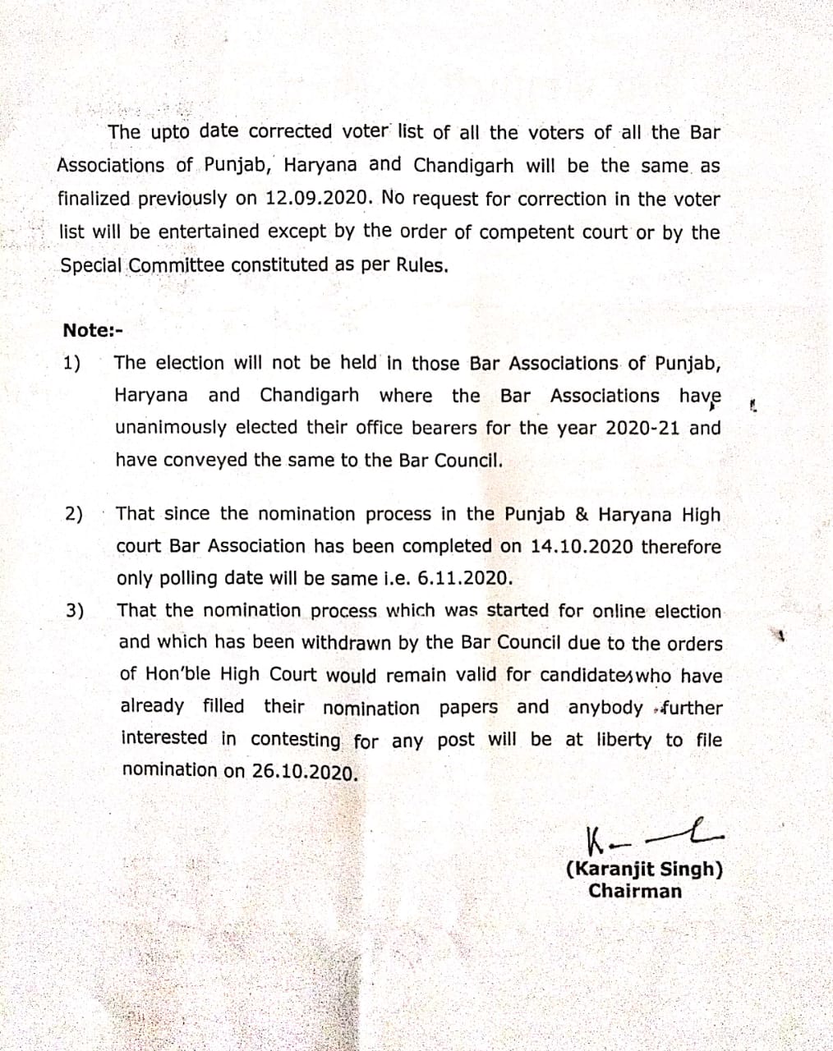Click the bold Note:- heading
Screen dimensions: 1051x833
pos(92,330)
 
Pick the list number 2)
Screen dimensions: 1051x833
pos(74,515)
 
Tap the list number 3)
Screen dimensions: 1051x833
pos(75,611)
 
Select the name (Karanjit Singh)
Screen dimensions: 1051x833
pos(644,870)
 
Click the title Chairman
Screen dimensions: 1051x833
pos(634,891)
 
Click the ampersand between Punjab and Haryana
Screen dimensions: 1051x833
pos(582,515)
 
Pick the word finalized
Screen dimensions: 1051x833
pos(94,200)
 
